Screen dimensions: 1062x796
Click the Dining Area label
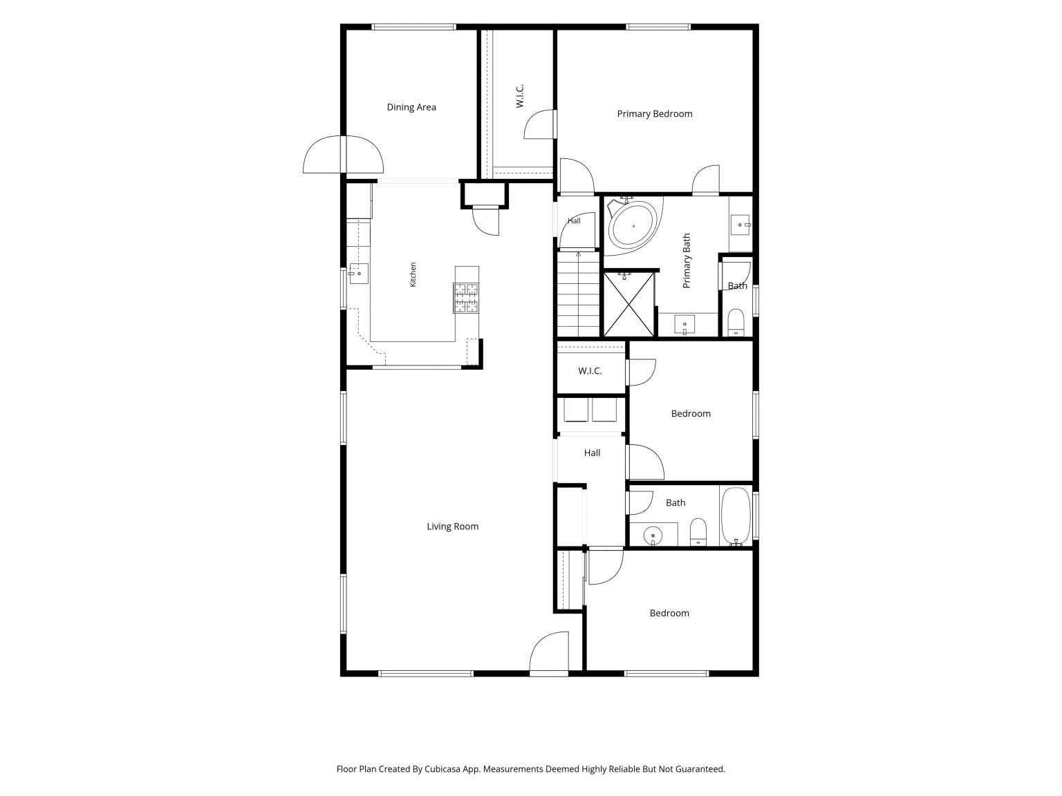tap(411, 107)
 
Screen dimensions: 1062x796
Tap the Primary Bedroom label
tap(654, 114)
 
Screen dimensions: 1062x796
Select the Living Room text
tap(452, 527)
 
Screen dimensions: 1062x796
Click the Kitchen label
tap(413, 274)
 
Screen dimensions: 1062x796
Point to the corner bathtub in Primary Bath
tap(633, 226)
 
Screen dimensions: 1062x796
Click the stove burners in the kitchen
tap(466, 298)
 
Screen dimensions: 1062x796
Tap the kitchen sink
tap(359, 274)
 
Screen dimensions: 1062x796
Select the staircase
tap(578, 294)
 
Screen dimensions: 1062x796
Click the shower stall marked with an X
tap(628, 304)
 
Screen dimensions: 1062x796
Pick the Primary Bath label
tap(686, 261)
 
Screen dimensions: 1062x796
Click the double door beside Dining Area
tap(343, 154)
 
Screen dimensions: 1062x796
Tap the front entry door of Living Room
tap(549, 652)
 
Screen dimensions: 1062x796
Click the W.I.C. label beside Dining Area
tap(520, 96)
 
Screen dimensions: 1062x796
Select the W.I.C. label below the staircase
tap(590, 371)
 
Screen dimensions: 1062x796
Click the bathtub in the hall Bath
tap(736, 516)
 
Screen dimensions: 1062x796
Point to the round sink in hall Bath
tap(653, 536)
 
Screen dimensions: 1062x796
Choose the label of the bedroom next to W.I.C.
tap(691, 414)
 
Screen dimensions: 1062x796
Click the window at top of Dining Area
tap(413, 27)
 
